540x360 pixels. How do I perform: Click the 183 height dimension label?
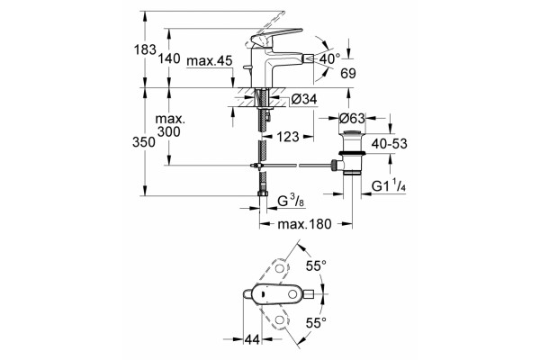pyautogui.click(x=145, y=49)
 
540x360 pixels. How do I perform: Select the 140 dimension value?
pyautogui.click(x=169, y=58)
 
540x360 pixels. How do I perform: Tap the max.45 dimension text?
pyautogui.click(x=210, y=61)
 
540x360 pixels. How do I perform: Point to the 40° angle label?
pyautogui.click(x=329, y=58)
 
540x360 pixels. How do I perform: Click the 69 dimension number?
pyautogui.click(x=348, y=74)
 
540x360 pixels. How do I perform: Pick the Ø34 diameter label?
pyautogui.click(x=304, y=100)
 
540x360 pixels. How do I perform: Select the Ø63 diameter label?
pyautogui.click(x=352, y=119)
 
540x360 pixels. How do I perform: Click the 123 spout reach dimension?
pyautogui.click(x=288, y=137)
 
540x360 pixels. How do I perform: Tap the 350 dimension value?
pyautogui.click(x=144, y=142)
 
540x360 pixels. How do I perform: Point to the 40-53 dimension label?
pyautogui.click(x=389, y=144)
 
